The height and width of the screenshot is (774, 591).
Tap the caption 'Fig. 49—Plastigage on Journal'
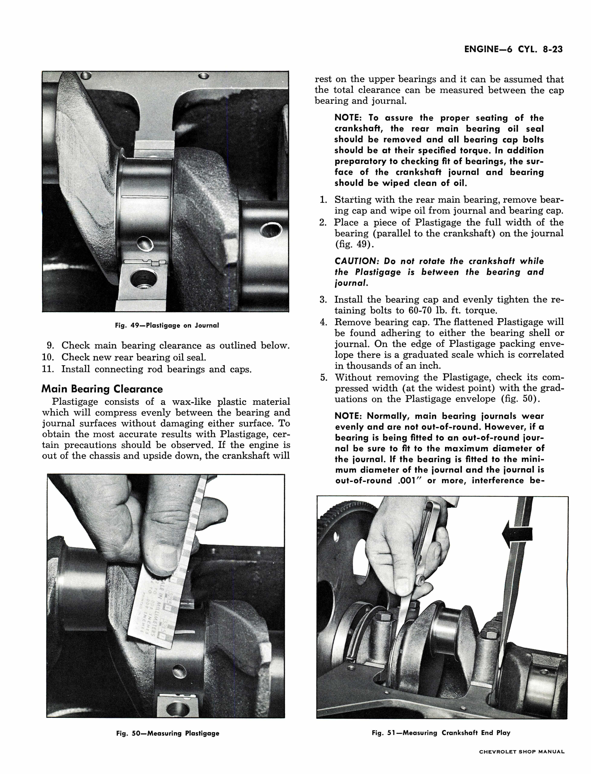pos(167,325)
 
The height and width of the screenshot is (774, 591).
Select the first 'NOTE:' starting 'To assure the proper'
pos(349,118)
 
